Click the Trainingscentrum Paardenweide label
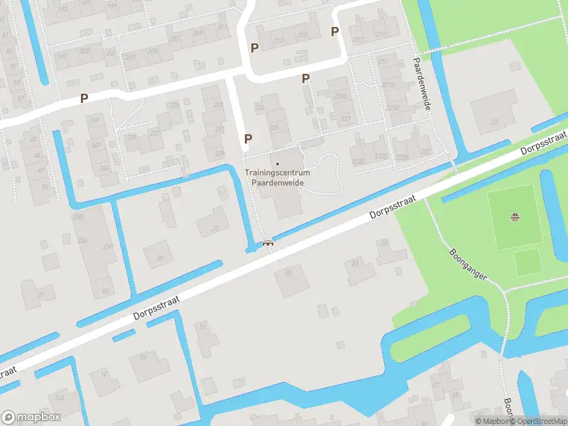(x=277, y=177)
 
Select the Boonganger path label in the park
(x=469, y=263)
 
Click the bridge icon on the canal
(x=268, y=244)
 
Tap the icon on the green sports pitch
(x=515, y=217)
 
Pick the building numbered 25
(x=158, y=253)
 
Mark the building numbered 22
(x=288, y=279)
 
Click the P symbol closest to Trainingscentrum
(x=248, y=139)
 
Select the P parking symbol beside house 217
(x=334, y=31)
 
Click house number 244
(x=104, y=168)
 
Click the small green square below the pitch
(x=526, y=262)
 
